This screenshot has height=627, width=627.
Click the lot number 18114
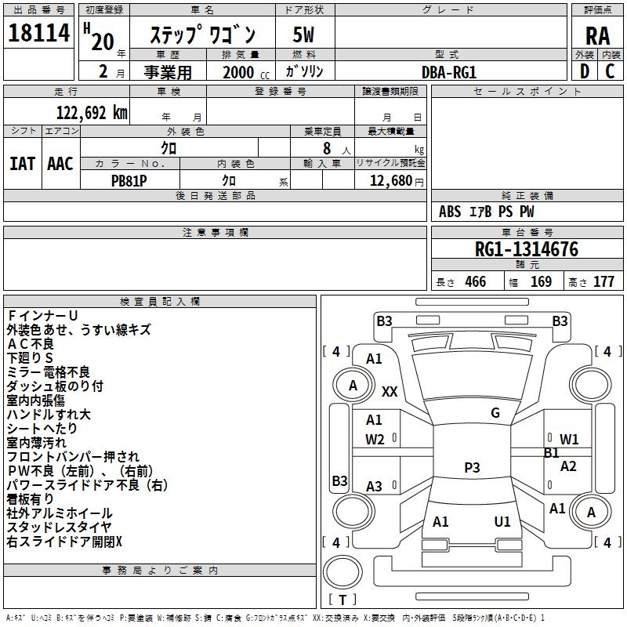pos(39,33)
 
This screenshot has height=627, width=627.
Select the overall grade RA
pos(598,36)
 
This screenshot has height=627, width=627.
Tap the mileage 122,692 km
pos(92,113)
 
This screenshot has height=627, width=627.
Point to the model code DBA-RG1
pos(449,72)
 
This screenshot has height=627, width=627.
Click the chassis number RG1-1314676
pos(527,248)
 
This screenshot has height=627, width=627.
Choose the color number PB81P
pos(129,181)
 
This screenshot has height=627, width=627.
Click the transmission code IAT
pos(23,164)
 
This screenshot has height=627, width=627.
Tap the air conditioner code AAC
pos(60,164)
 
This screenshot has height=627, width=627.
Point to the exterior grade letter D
pos(585,71)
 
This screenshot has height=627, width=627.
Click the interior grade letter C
pos(610,71)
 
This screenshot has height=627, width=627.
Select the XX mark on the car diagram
pos(390,391)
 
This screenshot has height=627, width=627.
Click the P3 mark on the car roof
pos(472,467)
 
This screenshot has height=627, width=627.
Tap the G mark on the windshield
pos(495,413)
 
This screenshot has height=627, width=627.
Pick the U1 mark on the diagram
pos(502,522)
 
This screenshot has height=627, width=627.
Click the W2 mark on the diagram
pos(375,440)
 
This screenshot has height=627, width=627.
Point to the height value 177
pos(603,281)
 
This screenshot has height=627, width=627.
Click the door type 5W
pos(303,34)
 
